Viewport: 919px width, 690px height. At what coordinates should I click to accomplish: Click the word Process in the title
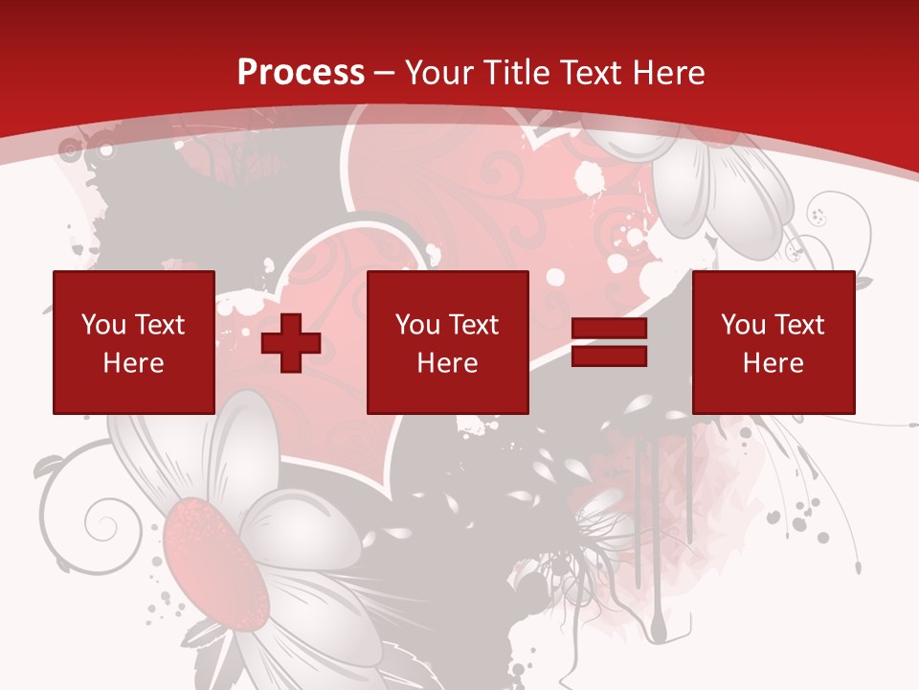click(x=301, y=73)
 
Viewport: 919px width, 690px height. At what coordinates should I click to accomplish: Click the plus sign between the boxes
click(x=291, y=343)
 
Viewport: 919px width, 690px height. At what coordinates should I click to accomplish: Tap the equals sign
click(x=609, y=343)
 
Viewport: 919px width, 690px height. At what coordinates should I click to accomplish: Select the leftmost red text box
click(x=133, y=343)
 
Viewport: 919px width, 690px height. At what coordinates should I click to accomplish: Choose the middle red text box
click(x=447, y=343)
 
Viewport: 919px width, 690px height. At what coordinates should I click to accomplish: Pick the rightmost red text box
click(x=773, y=343)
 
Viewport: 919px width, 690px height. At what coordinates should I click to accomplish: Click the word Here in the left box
click(x=133, y=363)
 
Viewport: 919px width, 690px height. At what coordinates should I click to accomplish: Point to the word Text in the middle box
click(x=475, y=325)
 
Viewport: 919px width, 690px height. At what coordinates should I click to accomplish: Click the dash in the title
click(x=385, y=73)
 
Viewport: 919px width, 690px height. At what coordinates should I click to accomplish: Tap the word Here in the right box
click(x=773, y=363)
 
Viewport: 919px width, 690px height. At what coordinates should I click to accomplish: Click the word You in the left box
click(x=103, y=325)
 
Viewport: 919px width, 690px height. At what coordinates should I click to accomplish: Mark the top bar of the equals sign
click(x=609, y=330)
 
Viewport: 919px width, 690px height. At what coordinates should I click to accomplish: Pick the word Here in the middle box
click(x=447, y=363)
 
